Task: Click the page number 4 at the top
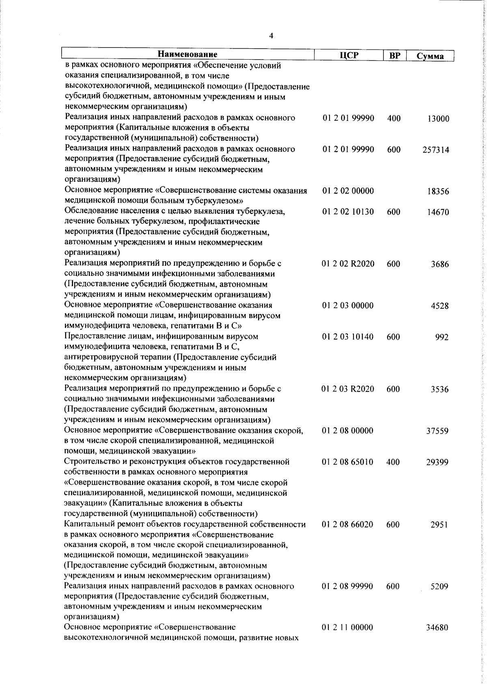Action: tap(271, 36)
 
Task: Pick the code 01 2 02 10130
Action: tap(348, 212)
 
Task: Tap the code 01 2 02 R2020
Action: tap(348, 264)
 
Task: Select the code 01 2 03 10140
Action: tap(348, 337)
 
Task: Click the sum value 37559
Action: tap(437, 431)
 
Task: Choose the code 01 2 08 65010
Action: tap(348, 462)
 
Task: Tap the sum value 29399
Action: tap(437, 462)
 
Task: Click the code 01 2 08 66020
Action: tap(348, 525)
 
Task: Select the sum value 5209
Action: tap(440, 587)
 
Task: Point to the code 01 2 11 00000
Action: tap(347, 628)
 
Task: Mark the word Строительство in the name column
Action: tap(90, 462)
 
